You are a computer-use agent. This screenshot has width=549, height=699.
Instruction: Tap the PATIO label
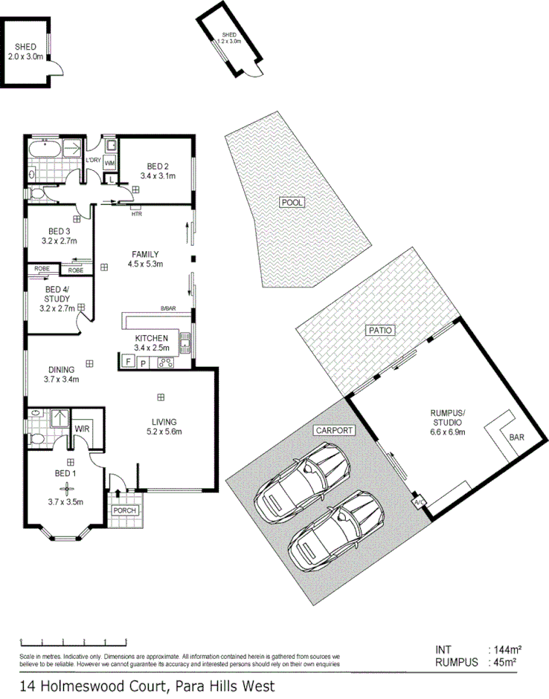click(378, 331)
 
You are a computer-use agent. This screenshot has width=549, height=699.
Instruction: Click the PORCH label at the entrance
click(123, 512)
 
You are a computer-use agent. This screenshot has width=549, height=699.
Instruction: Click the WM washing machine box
click(109, 163)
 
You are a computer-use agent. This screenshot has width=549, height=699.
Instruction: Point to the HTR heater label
click(136, 215)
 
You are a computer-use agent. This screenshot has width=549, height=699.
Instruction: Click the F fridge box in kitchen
click(127, 363)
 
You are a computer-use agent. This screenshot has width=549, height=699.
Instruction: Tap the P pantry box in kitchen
click(144, 363)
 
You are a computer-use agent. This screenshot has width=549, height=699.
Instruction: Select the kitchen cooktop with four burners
click(167, 363)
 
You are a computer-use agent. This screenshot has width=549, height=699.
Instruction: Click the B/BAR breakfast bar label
click(167, 308)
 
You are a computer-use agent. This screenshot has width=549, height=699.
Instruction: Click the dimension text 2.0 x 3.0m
click(26, 56)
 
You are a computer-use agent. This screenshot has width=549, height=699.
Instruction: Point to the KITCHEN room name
click(152, 338)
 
